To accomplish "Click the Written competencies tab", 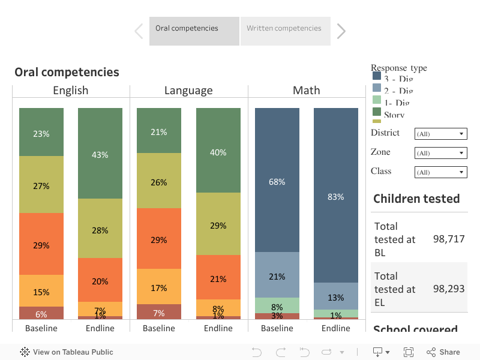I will [284, 29].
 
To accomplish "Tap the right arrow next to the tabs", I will [341, 31].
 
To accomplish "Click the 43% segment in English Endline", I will [100, 154].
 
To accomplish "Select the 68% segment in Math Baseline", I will [277, 181].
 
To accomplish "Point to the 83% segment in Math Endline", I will [336, 196].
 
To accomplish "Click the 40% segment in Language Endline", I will [218, 152].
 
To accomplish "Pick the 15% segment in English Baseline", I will [41, 292].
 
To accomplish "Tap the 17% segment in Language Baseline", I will [159, 287].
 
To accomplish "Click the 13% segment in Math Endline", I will [336, 297].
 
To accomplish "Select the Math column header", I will [306, 91].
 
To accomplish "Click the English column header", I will [70, 91].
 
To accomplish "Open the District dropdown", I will [440, 134].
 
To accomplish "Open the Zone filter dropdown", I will [440, 153].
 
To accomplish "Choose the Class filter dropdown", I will [440, 172].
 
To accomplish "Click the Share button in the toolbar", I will [443, 352].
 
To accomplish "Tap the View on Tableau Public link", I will [67, 352].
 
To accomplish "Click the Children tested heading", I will [416, 199].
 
